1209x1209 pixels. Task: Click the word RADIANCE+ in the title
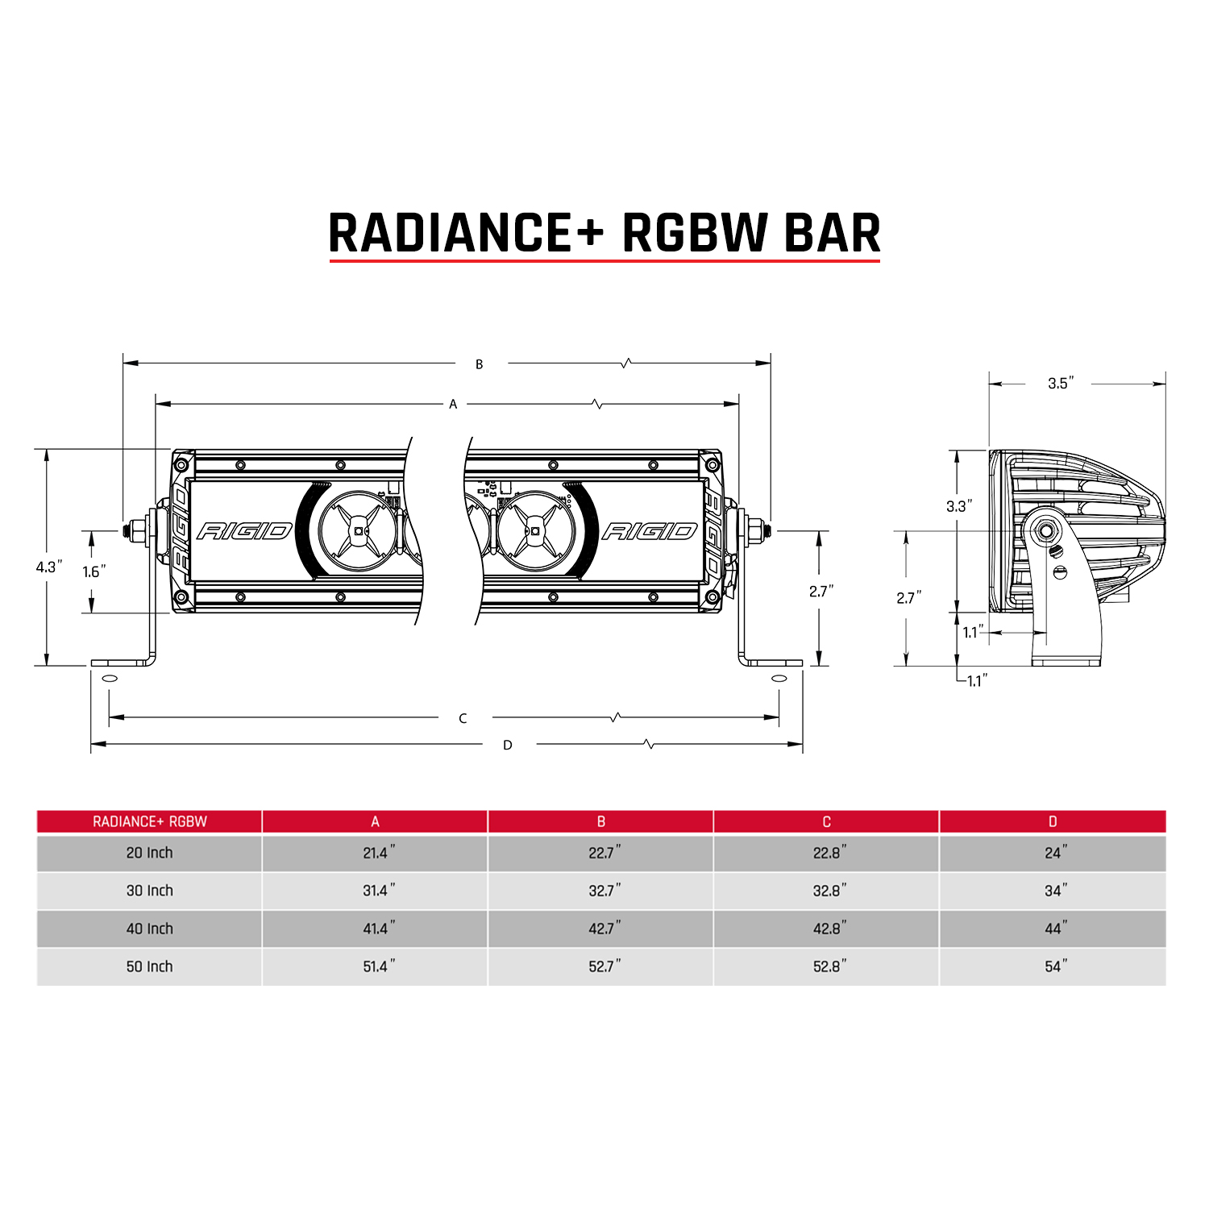466,234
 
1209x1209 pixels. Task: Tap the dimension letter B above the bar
479,364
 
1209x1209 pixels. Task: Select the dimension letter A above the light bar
453,404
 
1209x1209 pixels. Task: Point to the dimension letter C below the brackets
463,718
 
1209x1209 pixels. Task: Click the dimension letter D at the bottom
508,745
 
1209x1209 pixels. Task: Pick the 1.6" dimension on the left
94,571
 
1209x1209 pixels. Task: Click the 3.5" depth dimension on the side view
1061,384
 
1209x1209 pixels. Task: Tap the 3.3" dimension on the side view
958,506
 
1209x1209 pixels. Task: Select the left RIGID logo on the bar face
243,531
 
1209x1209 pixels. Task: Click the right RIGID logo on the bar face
650,531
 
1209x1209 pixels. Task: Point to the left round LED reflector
357,531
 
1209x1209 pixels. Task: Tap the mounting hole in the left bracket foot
110,679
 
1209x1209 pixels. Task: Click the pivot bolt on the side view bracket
1047,531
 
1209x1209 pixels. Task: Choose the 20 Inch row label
149,853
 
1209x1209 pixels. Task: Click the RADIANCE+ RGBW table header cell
150,821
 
